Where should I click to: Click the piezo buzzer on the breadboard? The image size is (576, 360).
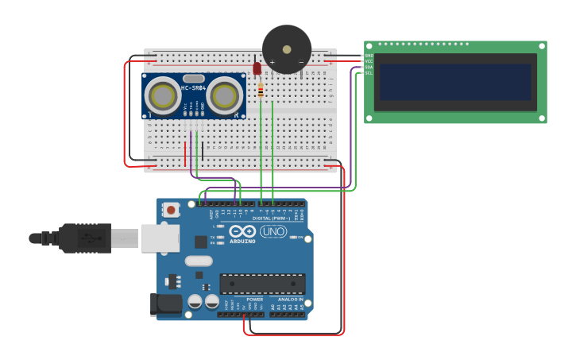pos(287,48)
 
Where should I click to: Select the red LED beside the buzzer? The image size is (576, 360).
pos(257,69)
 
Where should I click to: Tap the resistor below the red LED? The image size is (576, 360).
pos(261,91)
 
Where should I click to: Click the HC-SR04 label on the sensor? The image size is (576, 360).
pos(193,87)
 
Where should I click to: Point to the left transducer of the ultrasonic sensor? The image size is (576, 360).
pos(163,96)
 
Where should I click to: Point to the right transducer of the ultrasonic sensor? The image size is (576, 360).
pos(225,96)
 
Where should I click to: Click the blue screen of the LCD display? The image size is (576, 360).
pos(455,82)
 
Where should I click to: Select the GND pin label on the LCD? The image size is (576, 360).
pos(369,56)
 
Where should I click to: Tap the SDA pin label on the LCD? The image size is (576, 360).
pos(369,67)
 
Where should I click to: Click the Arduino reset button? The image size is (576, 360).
pos(170,210)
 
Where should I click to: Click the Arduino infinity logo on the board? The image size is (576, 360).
pos(242,232)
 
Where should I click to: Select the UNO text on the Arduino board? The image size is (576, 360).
pos(273,232)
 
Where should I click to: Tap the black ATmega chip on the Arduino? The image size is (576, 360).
pos(262,284)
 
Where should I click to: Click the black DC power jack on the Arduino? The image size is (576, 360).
pos(167,304)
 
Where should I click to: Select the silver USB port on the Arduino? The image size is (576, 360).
pos(160,238)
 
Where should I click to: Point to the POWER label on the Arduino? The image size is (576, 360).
pos(243,300)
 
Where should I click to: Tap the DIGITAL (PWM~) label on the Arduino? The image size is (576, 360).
pos(270,218)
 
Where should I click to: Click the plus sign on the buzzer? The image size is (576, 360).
pos(272,62)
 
